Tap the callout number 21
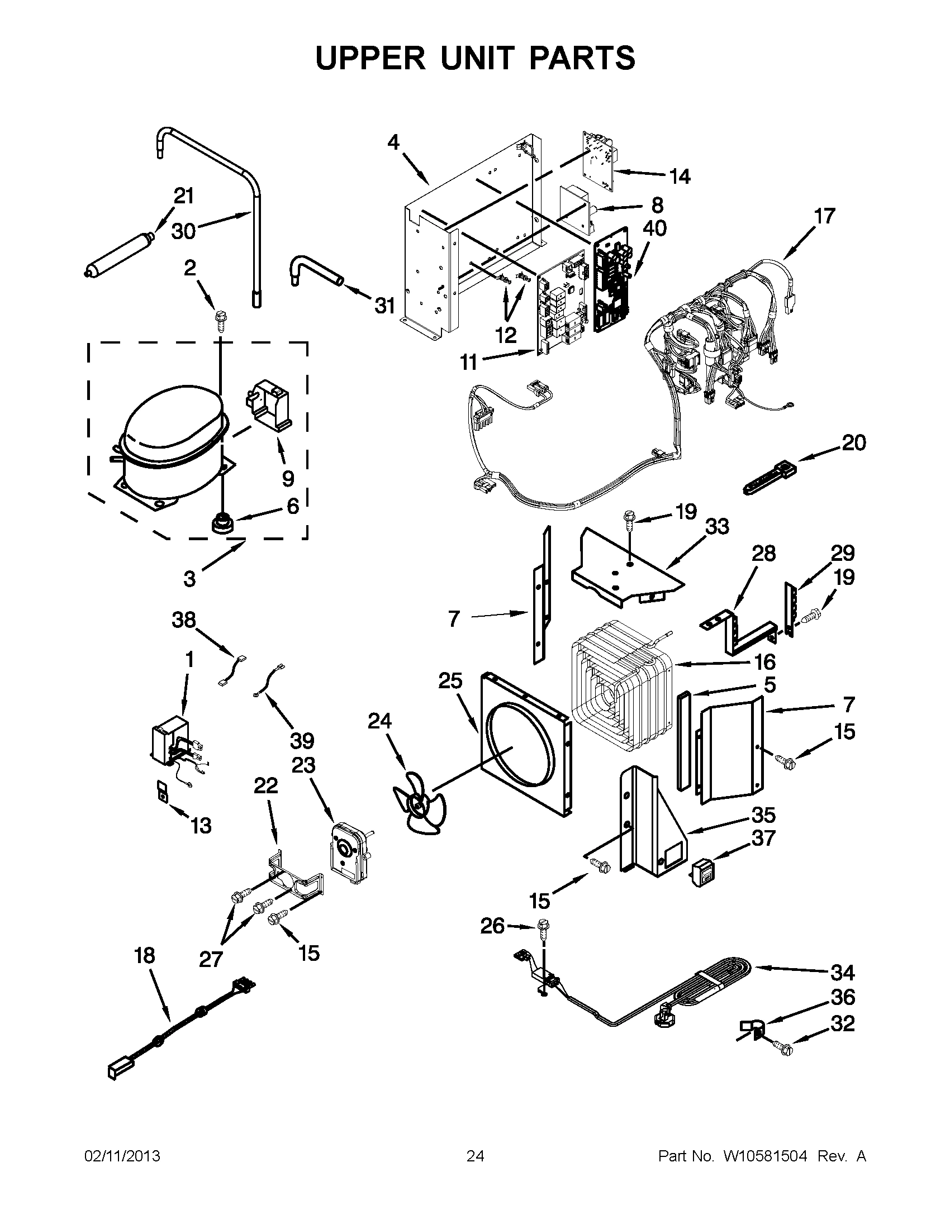tap(183, 197)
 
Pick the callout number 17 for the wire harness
tap(824, 216)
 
